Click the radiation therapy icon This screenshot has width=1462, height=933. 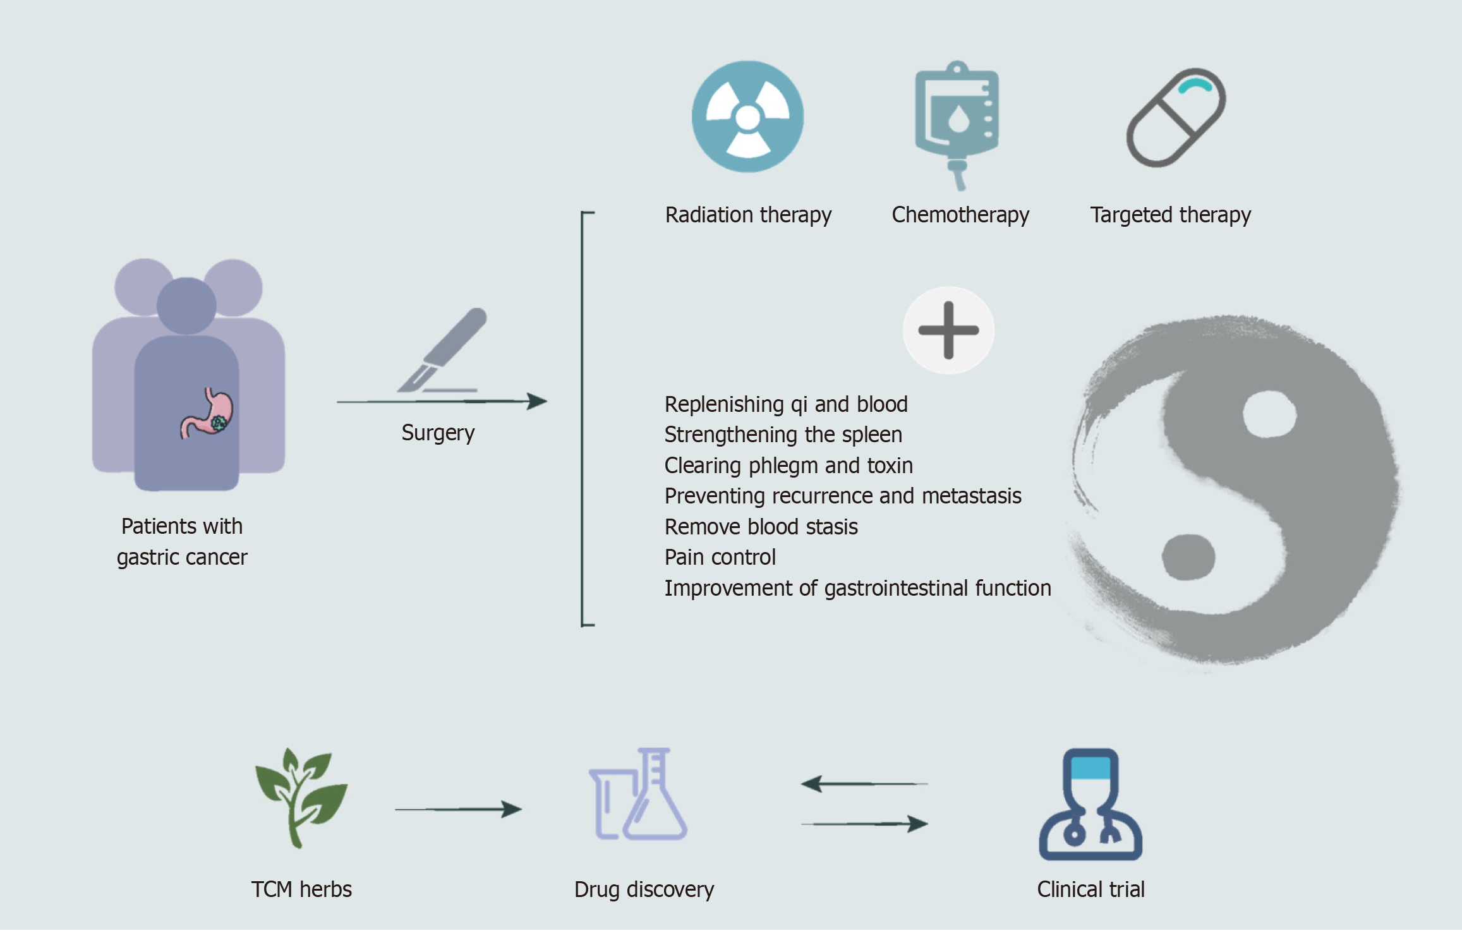tap(747, 117)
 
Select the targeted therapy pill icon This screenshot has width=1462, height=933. tap(1176, 117)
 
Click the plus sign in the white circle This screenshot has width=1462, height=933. tap(948, 330)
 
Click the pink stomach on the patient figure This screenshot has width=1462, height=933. tap(208, 414)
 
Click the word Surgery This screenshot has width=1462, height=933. tap(438, 433)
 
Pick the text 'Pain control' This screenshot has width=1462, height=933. tap(720, 557)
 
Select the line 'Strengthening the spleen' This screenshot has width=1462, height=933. tap(783, 435)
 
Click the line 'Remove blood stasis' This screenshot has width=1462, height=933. tap(761, 527)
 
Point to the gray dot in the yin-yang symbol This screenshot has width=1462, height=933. tap(1188, 557)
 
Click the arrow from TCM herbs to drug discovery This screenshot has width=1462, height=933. tap(458, 809)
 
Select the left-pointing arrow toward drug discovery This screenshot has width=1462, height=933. tap(864, 784)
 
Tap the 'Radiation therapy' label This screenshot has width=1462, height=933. tap(748, 215)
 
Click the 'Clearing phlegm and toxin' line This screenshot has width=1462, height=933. tap(788, 466)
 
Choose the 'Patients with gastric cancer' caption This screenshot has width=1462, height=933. tap(182, 541)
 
